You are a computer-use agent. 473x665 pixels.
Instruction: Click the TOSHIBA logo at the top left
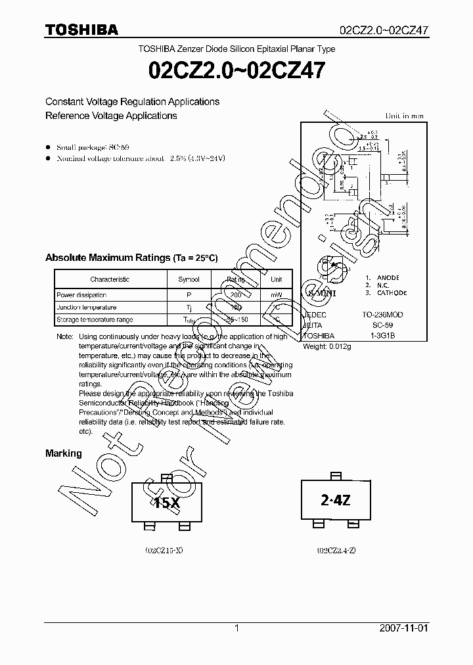point(81,30)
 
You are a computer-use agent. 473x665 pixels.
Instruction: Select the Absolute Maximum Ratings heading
point(131,258)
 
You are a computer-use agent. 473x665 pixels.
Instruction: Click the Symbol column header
point(189,279)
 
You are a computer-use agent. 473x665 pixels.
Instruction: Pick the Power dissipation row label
point(81,295)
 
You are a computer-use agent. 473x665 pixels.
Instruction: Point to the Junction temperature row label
point(87,308)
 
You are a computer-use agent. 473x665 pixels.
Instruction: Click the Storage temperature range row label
point(95,320)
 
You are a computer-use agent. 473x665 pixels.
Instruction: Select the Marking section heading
point(64,453)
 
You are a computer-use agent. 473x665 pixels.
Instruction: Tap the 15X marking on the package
point(167,503)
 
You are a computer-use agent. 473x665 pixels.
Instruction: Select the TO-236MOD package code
point(382,315)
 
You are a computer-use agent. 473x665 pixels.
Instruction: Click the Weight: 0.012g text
point(327,346)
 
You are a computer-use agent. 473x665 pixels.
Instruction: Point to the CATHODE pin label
point(392,293)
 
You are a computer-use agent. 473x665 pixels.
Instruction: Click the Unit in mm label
point(404,116)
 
